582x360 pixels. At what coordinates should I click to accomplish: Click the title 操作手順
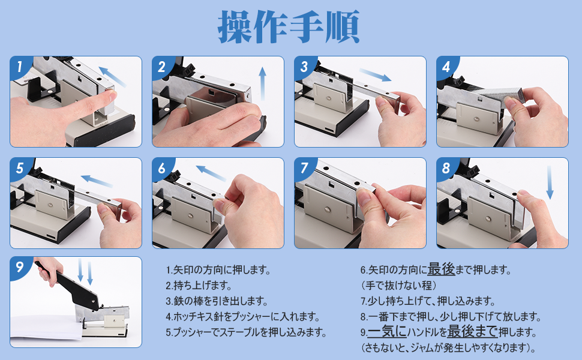(x=289, y=27)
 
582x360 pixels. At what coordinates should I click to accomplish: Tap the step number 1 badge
(x=19, y=67)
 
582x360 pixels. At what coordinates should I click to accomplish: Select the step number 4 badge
(x=446, y=67)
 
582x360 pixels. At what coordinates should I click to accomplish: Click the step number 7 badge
(x=304, y=168)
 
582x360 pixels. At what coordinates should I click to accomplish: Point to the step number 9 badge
(x=19, y=266)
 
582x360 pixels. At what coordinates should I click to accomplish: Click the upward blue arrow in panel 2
(x=262, y=83)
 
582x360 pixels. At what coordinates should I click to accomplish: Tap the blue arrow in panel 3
(x=375, y=74)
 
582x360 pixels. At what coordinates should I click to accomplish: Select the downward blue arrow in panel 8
(x=550, y=182)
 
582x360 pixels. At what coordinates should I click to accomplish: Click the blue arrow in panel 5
(x=97, y=181)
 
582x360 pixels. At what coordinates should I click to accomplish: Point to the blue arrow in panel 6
(x=211, y=173)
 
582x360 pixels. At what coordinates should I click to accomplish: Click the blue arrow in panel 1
(x=112, y=77)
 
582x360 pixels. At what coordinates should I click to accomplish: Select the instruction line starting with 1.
(x=218, y=270)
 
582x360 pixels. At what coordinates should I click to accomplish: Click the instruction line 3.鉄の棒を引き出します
(x=217, y=301)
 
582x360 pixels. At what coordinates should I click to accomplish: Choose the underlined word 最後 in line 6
(x=441, y=269)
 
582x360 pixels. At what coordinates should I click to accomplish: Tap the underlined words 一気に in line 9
(x=387, y=331)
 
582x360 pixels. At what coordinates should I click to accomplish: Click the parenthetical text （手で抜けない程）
(x=398, y=286)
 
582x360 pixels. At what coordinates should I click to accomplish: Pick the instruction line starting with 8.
(x=450, y=317)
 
